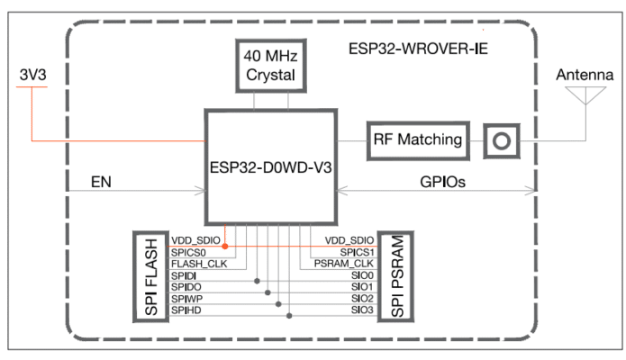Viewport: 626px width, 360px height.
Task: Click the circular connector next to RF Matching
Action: point(500,140)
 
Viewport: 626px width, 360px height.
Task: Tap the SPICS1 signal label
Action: point(352,253)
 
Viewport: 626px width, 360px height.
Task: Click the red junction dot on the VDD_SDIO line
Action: point(224,245)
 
